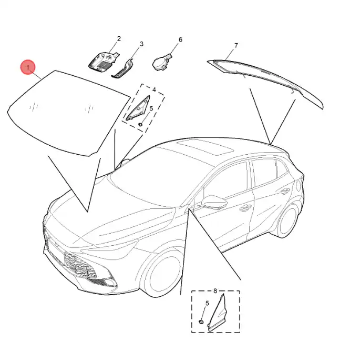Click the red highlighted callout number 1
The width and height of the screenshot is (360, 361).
coord(28,67)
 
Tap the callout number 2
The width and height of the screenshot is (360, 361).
coord(119,38)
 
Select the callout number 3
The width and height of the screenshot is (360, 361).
coord(141,44)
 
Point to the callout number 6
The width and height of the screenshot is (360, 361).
coord(180,39)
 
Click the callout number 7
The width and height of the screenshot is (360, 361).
coord(236,46)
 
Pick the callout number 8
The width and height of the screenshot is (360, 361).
coord(215,291)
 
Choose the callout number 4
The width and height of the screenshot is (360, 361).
coord(154,89)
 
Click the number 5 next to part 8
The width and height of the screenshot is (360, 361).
coord(207,303)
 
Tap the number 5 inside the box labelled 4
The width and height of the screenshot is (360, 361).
coord(151,108)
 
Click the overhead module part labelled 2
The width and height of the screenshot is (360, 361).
coord(103,61)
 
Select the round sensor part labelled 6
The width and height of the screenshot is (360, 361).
coord(161,62)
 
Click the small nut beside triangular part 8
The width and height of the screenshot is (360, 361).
coord(201,321)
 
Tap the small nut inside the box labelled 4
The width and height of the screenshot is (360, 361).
coord(140,125)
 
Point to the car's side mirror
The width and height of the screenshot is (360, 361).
coord(214,202)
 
